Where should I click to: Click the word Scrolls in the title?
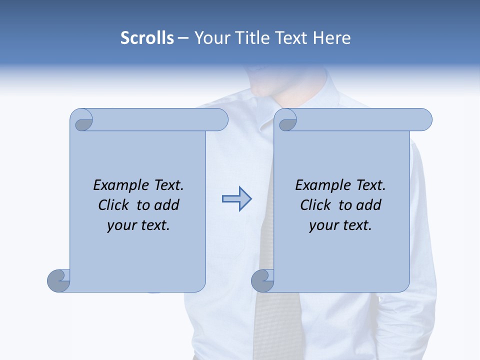[x=147, y=38]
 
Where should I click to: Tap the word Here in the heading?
[x=332, y=38]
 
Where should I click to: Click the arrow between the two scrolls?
[x=236, y=199]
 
